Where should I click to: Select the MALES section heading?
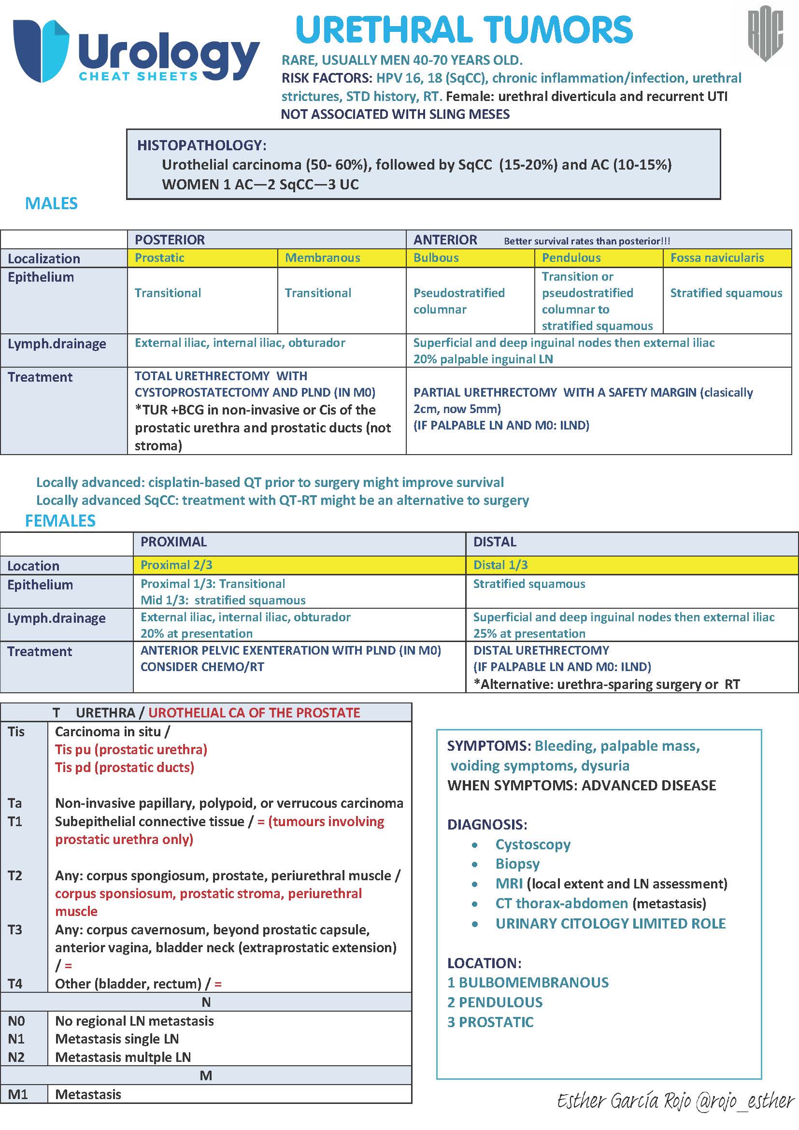pos(51,203)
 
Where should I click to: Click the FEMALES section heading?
pos(60,521)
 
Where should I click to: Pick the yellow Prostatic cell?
pos(202,257)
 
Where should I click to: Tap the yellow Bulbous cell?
pos(470,257)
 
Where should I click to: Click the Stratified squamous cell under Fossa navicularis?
pos(726,293)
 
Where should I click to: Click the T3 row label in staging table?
pos(15,930)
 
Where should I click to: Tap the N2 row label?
pos(16,1057)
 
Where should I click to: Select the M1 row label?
pos(17,1094)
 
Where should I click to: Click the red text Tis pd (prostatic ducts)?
pos(125,767)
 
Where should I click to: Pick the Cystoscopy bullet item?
pos(532,844)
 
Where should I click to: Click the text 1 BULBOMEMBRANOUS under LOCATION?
pos(528,982)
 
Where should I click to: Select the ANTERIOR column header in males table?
pos(445,240)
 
